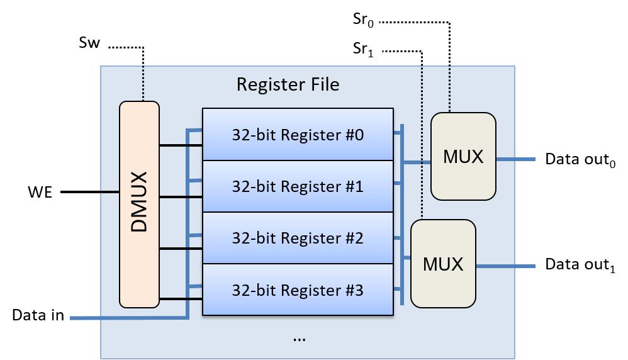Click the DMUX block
point(139,205)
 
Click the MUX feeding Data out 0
point(463,156)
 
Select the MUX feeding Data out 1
point(443,264)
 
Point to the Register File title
point(288,84)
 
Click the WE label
point(40,193)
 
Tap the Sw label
point(89,43)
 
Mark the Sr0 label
point(364,20)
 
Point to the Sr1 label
point(364,50)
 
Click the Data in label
point(38,315)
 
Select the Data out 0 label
point(580,159)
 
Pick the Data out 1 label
point(580,265)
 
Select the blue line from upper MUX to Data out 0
point(515,159)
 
